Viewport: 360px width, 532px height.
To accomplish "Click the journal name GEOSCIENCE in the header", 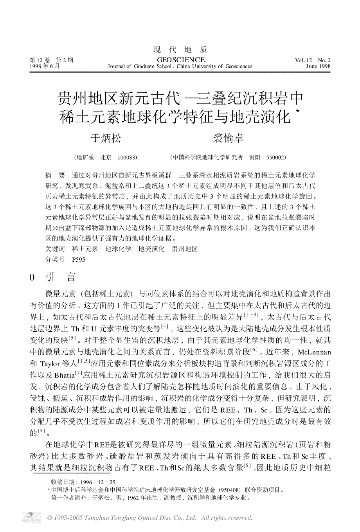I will point(180,60).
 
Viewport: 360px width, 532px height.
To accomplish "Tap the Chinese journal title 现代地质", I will point(180,50).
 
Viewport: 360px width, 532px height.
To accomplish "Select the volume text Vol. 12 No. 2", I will point(313,60).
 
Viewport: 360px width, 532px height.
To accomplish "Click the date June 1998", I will point(318,66).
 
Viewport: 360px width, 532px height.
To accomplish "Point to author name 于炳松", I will point(106,138).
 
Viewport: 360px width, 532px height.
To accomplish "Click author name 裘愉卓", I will point(228,138).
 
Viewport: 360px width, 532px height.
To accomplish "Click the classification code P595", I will point(79,259).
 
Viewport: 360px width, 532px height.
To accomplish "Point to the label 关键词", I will point(55,249).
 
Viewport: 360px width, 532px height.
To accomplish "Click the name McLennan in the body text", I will point(314,352).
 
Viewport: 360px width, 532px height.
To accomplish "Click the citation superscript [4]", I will point(165,326).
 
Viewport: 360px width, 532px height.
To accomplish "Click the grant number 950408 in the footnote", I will point(230,490).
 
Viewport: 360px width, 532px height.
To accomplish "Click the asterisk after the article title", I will point(298,112).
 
